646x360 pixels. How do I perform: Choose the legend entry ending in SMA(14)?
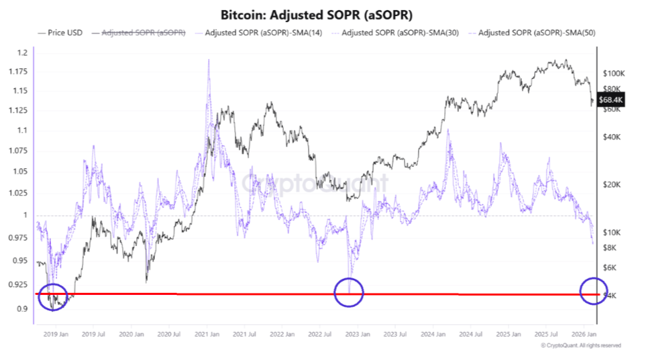[260, 32]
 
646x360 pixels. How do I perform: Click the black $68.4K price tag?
[611, 100]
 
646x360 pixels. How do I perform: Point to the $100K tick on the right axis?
[614, 72]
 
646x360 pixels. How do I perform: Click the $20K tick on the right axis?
[612, 184]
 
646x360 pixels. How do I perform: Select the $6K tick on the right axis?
[610, 267]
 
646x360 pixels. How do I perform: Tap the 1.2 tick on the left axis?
[22, 52]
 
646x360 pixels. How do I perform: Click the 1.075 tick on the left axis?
[19, 151]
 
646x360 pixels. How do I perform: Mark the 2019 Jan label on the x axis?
[54, 333]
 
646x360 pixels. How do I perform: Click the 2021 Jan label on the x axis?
[207, 333]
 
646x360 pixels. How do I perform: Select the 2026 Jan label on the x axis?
[586, 333]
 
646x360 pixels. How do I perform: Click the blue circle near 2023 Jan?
[348, 292]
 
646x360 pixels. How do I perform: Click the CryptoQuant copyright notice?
[580, 345]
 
